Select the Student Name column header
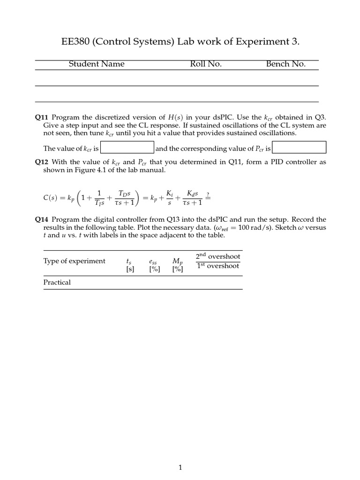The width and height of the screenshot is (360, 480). [x=97, y=64]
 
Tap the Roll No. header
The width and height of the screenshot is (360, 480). [x=206, y=64]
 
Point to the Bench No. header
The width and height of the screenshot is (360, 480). [x=285, y=64]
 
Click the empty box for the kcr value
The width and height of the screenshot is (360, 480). [x=127, y=148]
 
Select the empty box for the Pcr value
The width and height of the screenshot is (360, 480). [x=299, y=148]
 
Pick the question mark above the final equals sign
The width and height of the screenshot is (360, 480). [x=208, y=194]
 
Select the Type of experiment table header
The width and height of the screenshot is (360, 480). [x=75, y=261]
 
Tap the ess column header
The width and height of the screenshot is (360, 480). [x=153, y=262]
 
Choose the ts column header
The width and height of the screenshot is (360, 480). [x=130, y=262]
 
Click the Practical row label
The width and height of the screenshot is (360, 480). [x=57, y=283]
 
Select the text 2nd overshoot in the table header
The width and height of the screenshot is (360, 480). [x=218, y=256]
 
